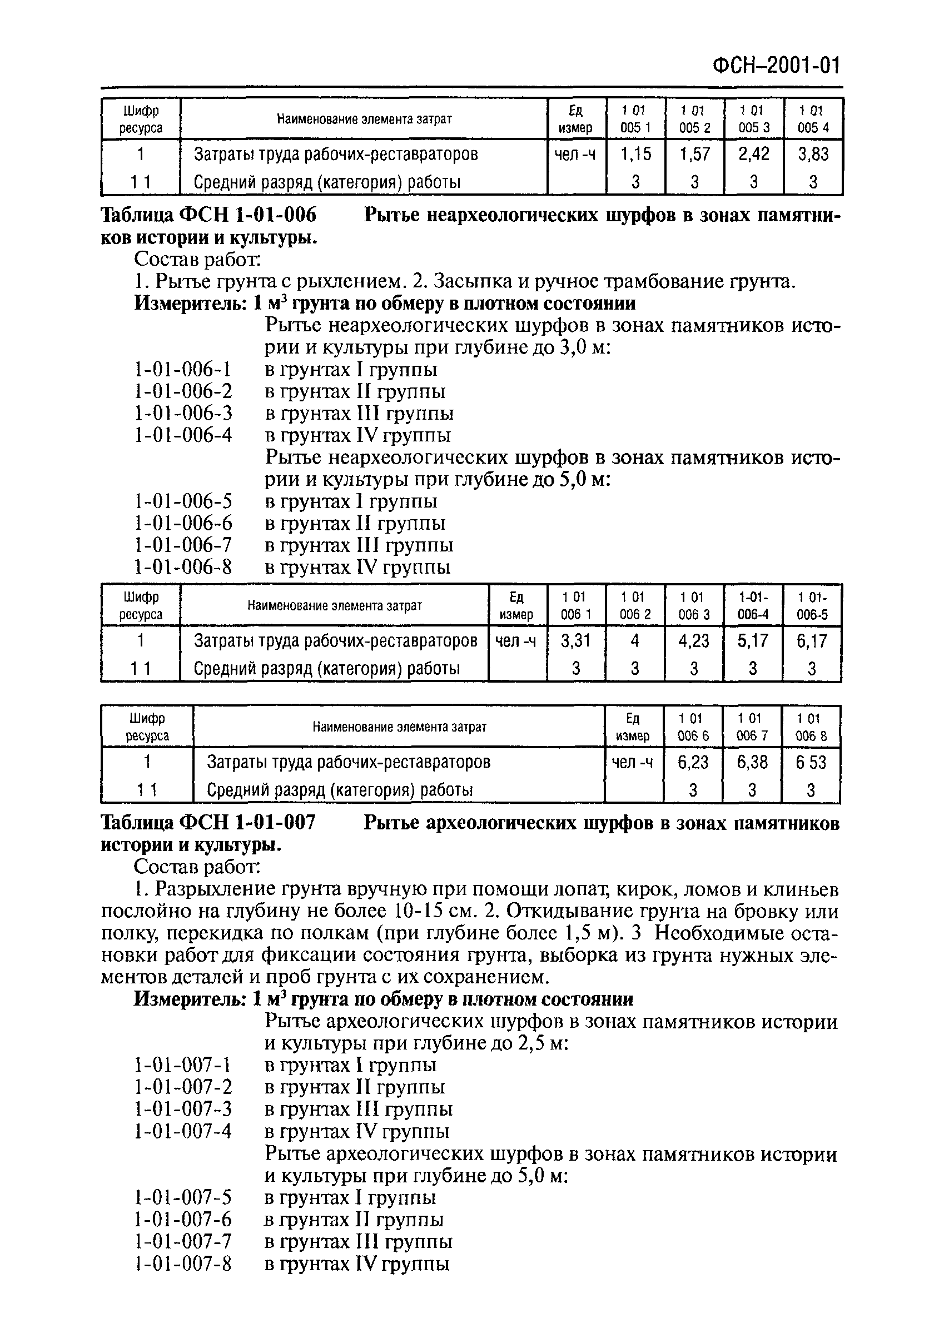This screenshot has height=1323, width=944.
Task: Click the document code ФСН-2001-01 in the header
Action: [776, 66]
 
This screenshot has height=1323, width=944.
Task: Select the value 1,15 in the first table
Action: [635, 154]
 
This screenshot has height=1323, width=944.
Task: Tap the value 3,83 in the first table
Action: [813, 154]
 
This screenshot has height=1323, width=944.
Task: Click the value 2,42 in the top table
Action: [753, 154]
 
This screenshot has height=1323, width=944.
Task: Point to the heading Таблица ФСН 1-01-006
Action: [209, 216]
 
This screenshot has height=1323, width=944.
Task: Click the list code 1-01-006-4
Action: [183, 435]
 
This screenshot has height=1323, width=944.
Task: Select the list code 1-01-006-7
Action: [183, 545]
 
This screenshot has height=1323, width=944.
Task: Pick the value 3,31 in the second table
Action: [575, 640]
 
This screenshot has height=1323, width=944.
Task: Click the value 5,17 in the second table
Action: [752, 640]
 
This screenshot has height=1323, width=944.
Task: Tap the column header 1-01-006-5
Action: [812, 606]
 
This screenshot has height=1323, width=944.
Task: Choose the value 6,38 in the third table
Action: [752, 762]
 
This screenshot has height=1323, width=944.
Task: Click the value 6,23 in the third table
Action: [693, 762]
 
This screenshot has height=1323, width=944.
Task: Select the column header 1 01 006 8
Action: [811, 727]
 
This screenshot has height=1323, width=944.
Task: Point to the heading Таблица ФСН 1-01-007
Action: [208, 823]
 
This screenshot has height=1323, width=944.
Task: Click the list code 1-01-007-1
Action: [183, 1066]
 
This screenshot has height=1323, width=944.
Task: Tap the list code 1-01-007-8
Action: [183, 1264]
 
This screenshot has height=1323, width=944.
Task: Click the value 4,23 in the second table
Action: [693, 640]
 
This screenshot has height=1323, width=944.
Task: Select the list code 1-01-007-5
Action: [183, 1197]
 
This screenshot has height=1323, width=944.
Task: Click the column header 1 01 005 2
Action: [694, 118]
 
